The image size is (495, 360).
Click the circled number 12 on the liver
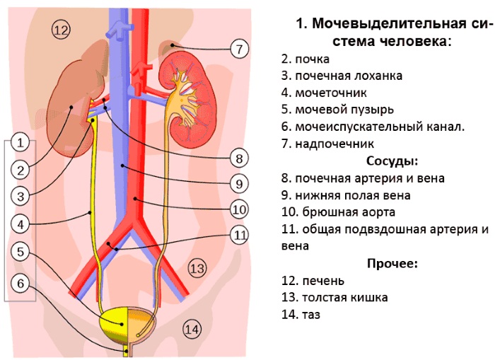tap(62, 30)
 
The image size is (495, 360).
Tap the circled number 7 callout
tap(240, 49)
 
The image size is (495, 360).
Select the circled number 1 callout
tap(21, 143)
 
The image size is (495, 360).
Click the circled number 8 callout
tap(240, 157)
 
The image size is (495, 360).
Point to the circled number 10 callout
tap(240, 209)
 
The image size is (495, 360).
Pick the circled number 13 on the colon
tap(197, 268)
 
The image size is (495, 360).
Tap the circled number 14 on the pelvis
tap(192, 328)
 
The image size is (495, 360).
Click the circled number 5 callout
tap(21, 251)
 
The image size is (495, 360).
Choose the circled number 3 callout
tap(21, 196)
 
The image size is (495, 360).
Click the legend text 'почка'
tap(305, 59)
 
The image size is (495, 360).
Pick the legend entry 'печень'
tap(315, 281)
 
